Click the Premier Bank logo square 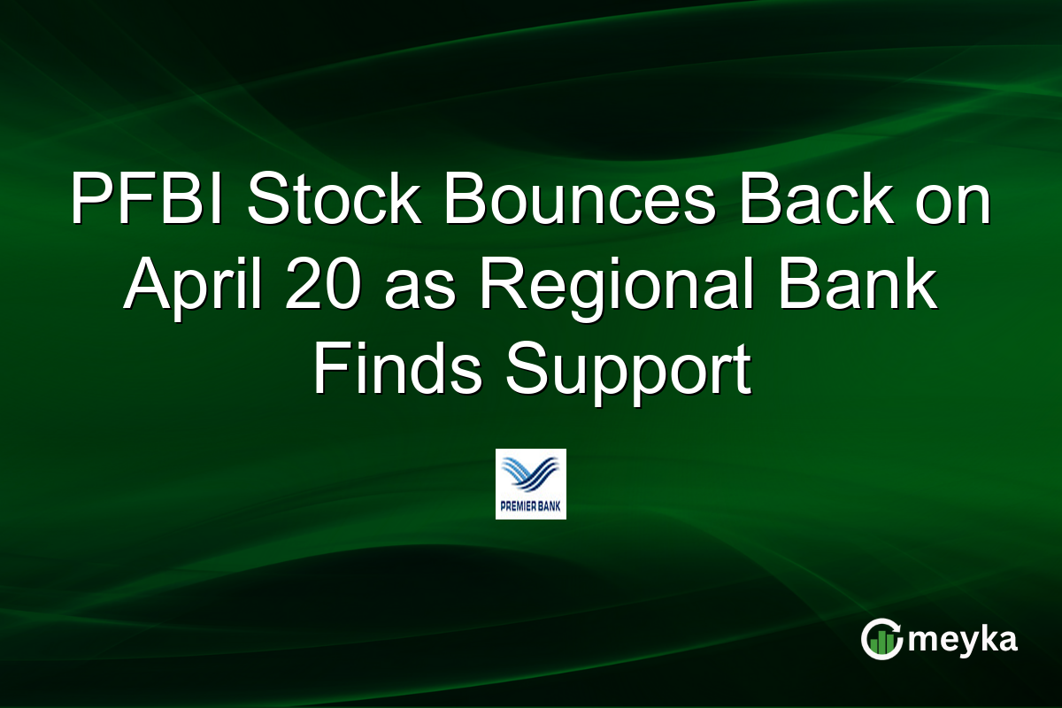[x=530, y=483]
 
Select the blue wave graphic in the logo [x=530, y=473]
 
